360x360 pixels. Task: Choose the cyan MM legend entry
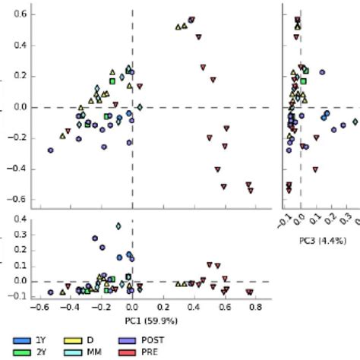72,351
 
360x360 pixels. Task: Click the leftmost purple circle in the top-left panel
51,150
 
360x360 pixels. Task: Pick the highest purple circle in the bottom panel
95,238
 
